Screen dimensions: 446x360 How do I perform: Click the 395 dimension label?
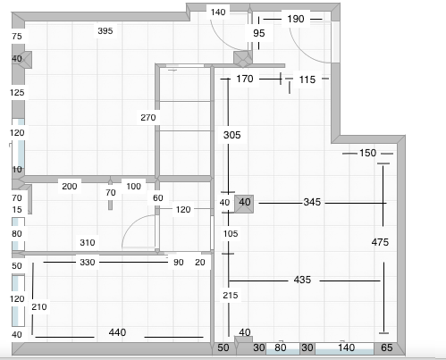tap(105, 30)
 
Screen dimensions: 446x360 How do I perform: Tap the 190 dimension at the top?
tap(296, 19)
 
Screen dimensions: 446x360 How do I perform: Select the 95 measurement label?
tap(259, 33)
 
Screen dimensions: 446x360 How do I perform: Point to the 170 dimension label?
tap(245, 79)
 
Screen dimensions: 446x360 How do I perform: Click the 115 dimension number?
tap(307, 80)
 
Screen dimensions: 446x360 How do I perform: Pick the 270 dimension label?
tap(148, 118)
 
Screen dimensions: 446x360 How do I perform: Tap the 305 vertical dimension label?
tap(232, 135)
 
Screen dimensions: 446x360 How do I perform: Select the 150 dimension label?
tap(367, 153)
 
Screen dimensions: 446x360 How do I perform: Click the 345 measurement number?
tap(312, 202)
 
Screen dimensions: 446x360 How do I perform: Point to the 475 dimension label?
tap(380, 242)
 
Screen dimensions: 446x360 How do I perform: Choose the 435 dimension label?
tap(302, 280)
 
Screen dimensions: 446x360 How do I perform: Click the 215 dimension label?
tap(231, 296)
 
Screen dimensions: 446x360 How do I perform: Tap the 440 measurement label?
tap(117, 332)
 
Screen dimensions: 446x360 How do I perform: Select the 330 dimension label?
tap(88, 263)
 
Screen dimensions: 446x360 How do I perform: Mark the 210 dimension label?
tap(39, 307)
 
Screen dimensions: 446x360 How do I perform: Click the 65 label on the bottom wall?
tap(387, 347)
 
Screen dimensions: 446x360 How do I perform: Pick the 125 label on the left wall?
tap(17, 93)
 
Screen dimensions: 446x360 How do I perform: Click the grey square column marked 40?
tap(244, 204)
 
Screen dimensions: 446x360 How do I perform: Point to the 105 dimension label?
tap(231, 234)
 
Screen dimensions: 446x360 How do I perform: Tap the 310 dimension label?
tap(88, 243)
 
